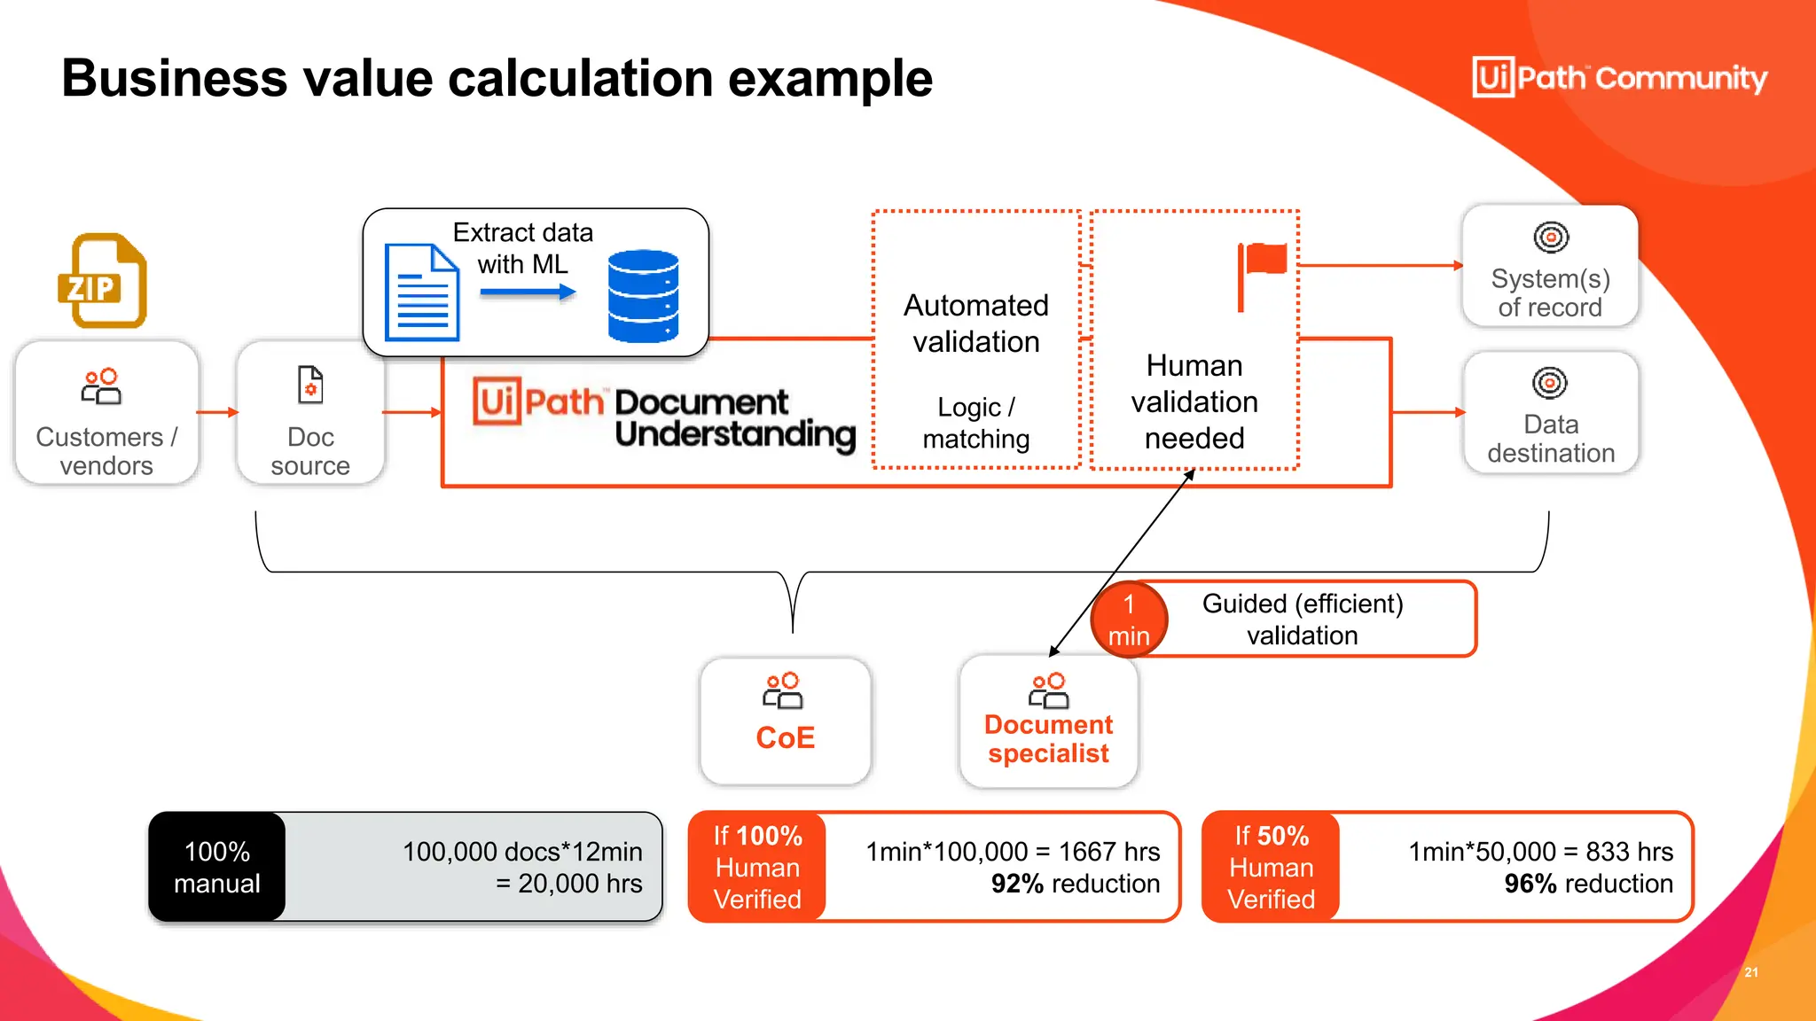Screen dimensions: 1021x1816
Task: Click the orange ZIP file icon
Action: [102, 281]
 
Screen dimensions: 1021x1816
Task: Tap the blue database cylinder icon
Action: [643, 295]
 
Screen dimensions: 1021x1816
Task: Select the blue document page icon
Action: [421, 292]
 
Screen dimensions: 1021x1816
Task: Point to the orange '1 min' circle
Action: [1129, 620]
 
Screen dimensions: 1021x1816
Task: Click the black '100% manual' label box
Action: [217, 867]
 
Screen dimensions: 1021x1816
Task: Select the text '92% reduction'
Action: [1075, 884]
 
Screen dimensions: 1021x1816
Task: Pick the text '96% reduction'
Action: [1588, 884]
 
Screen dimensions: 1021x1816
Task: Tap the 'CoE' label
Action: [785, 737]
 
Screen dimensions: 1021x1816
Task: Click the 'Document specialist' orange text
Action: [1048, 738]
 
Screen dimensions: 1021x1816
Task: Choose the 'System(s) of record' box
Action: [1550, 267]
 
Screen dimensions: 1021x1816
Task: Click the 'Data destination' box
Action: [1551, 413]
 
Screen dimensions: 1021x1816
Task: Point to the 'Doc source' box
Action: [310, 413]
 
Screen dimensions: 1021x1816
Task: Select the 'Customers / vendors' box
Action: [106, 413]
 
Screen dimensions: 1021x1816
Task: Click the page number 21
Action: [1751, 972]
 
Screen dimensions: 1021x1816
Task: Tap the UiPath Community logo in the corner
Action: [1619, 78]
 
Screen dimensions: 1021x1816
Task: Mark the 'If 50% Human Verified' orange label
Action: [1271, 867]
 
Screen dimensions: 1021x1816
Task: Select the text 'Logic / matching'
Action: [975, 423]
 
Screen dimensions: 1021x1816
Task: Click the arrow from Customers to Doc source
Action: [217, 412]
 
